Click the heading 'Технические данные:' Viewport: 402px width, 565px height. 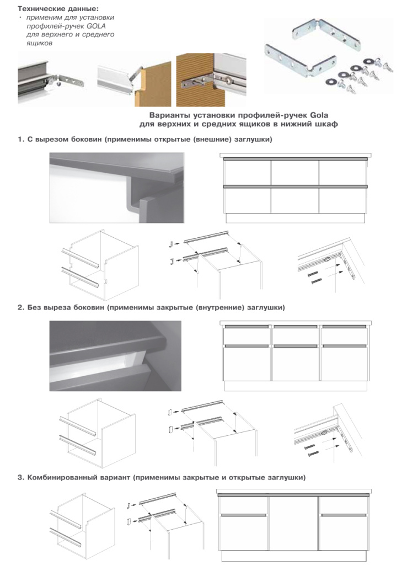point(58,8)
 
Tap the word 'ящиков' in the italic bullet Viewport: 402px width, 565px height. point(39,43)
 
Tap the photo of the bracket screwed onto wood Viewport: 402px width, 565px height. point(211,81)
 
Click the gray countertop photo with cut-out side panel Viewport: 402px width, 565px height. point(117,188)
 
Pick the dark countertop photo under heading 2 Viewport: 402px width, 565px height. point(115,356)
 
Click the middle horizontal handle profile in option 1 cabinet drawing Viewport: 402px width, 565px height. point(296,186)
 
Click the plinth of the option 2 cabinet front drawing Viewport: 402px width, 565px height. point(296,386)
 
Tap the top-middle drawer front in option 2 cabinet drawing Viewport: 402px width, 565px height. point(296,335)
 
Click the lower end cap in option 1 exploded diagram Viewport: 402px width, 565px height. point(172,260)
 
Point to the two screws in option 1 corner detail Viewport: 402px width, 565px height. point(314,278)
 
